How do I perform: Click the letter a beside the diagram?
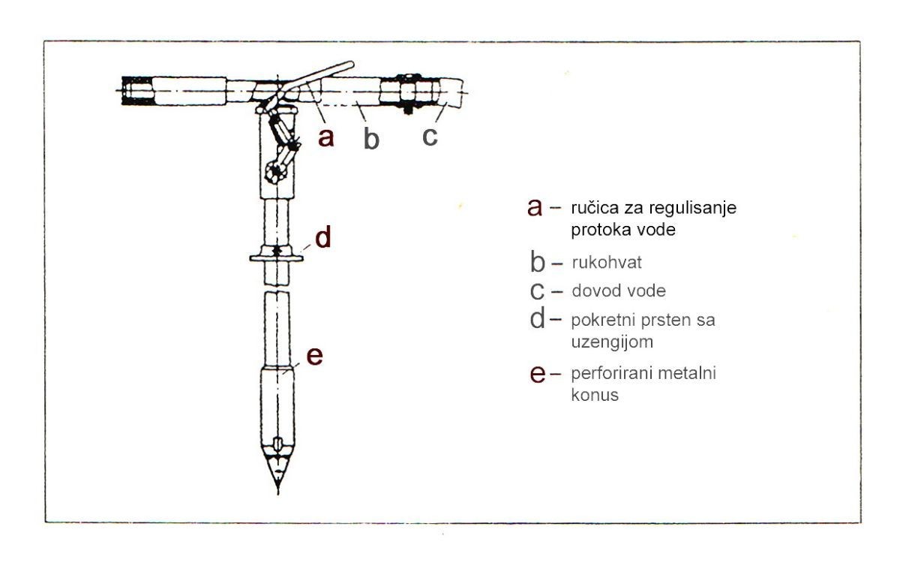point(325,137)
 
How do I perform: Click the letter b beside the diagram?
point(371,139)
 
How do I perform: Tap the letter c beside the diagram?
point(430,137)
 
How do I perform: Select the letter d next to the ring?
point(323,237)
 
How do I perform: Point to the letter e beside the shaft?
point(314,357)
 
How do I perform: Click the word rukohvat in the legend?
point(607,263)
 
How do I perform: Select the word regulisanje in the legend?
point(693,209)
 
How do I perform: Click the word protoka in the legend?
point(598,230)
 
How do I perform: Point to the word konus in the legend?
point(595,396)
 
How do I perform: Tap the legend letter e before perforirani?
point(538,374)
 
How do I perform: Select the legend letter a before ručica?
point(535,207)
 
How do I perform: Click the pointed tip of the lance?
point(278,493)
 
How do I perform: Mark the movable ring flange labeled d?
point(277,257)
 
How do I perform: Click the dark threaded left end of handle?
point(137,91)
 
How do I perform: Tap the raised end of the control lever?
point(350,64)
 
